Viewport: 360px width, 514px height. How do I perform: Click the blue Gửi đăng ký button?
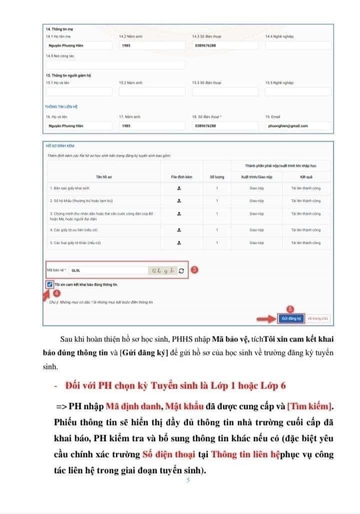click(x=290, y=318)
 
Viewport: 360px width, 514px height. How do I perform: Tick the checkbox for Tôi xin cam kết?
click(x=49, y=284)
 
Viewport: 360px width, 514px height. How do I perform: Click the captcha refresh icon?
click(x=181, y=270)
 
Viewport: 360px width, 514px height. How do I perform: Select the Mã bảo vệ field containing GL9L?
click(x=107, y=270)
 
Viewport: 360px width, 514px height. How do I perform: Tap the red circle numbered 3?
click(x=194, y=269)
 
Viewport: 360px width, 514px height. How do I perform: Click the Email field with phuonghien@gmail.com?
click(x=298, y=126)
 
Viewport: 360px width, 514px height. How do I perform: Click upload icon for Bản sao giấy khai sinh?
click(x=178, y=188)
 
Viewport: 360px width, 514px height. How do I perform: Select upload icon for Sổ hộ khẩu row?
click(x=178, y=201)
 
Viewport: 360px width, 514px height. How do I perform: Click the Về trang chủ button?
click(x=318, y=318)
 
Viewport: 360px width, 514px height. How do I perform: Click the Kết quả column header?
click(x=306, y=177)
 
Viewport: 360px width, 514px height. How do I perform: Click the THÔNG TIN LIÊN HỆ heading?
click(x=61, y=107)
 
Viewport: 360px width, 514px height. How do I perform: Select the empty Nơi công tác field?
click(x=115, y=65)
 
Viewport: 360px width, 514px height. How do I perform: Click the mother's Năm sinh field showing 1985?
click(x=152, y=46)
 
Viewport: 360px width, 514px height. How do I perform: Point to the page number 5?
click(x=188, y=481)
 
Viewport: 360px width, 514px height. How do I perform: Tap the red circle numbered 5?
click(x=289, y=308)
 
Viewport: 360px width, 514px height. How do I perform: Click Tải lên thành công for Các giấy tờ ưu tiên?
click(x=306, y=230)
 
